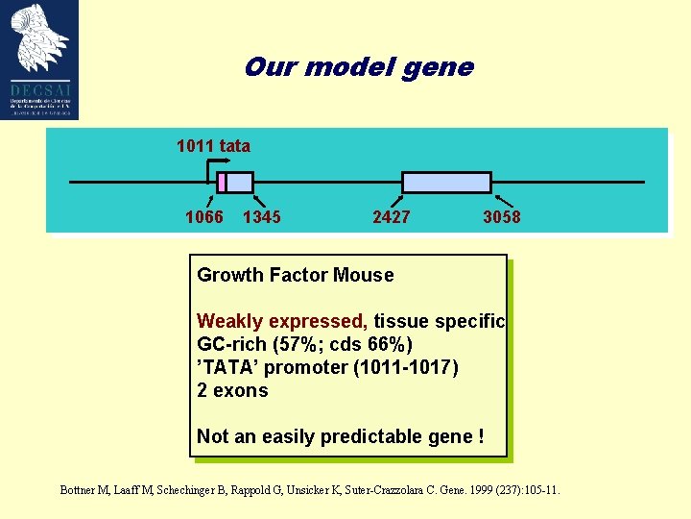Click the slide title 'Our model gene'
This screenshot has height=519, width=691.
click(x=358, y=67)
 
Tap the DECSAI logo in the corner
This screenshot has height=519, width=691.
click(x=40, y=60)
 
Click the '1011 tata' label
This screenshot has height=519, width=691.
click(x=213, y=146)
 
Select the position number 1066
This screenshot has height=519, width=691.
click(x=203, y=217)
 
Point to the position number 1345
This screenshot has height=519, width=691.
click(x=262, y=217)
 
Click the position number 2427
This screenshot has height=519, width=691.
click(x=391, y=217)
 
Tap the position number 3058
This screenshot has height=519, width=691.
click(x=501, y=217)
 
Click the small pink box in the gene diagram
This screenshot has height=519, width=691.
click(x=222, y=183)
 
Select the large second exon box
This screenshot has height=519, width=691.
click(x=446, y=183)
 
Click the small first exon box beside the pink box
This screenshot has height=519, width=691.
click(x=240, y=183)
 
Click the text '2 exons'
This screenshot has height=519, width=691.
click(x=232, y=390)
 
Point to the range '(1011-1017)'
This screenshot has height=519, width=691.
click(x=408, y=367)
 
